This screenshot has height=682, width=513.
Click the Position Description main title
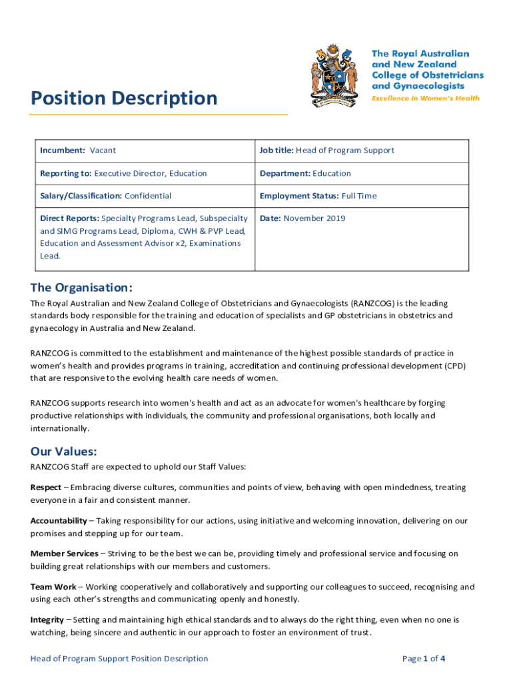(x=124, y=99)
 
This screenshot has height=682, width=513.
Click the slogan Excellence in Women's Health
(x=425, y=98)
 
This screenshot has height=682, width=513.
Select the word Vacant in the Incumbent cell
(x=103, y=151)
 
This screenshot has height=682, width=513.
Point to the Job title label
(x=276, y=151)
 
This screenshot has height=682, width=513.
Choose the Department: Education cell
(x=305, y=173)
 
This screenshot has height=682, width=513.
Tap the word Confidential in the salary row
(x=148, y=196)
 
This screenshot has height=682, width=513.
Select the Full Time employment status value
(x=360, y=196)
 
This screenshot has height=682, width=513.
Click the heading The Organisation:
(x=81, y=288)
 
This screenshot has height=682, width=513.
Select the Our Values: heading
(x=64, y=451)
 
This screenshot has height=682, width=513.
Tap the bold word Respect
(x=46, y=488)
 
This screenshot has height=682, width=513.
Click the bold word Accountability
(x=59, y=520)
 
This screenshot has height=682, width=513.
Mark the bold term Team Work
(x=53, y=587)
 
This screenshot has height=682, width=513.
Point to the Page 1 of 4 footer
(x=424, y=659)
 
